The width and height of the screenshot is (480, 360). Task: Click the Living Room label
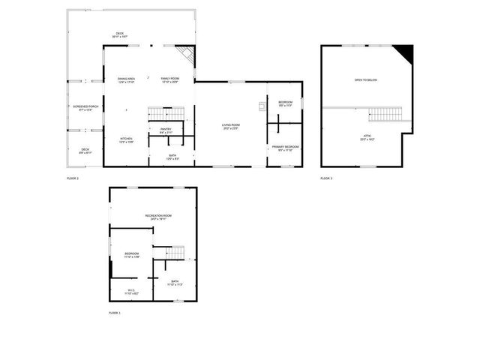point(229,127)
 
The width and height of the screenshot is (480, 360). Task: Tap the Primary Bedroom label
point(285,148)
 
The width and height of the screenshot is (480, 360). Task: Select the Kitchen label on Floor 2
point(126,140)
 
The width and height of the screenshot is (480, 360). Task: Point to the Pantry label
point(166,130)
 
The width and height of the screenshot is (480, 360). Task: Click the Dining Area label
point(126,79)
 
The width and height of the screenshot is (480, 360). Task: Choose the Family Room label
point(170,79)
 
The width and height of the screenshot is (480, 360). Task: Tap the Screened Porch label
point(85,108)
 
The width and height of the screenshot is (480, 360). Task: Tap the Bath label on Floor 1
point(174,283)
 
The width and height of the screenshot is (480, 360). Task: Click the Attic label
point(367,137)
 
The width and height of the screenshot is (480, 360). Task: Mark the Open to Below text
point(365,79)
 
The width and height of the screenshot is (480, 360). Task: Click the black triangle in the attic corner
point(406,52)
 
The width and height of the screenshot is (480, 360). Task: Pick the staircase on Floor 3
point(386,114)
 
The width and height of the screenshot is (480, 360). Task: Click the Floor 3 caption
point(326,178)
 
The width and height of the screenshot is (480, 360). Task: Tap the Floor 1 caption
point(114,312)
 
